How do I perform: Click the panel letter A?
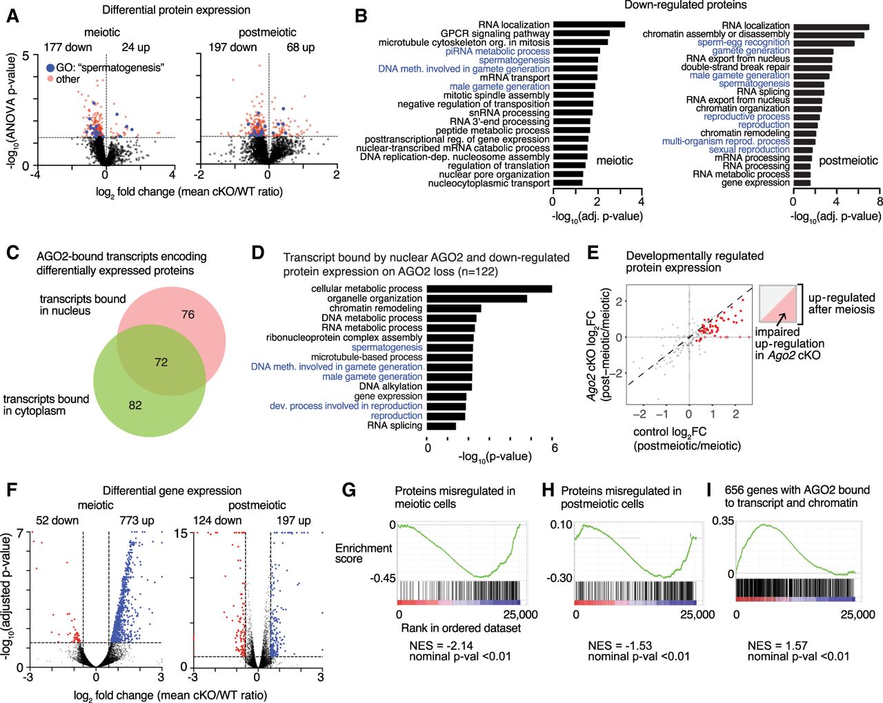coord(12,17)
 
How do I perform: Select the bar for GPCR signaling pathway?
coord(582,34)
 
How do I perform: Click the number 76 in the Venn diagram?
coord(188,315)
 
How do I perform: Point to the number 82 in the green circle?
coord(135,405)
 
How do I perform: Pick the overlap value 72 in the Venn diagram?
coord(161,363)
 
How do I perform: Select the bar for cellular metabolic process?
coord(489,289)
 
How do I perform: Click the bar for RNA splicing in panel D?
coord(441,425)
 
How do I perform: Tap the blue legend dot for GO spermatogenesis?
coord(50,68)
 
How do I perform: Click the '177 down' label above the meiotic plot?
coord(68,48)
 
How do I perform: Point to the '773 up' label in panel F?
coord(137,521)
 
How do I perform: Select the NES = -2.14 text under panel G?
coord(441,646)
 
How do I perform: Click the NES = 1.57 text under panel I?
coord(777,646)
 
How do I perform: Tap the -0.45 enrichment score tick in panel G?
coord(383,579)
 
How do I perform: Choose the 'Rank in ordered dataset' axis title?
coord(461,628)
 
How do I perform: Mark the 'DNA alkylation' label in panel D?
coord(390,387)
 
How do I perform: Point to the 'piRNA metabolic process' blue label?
coord(497,51)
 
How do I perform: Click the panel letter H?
coord(548,490)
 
